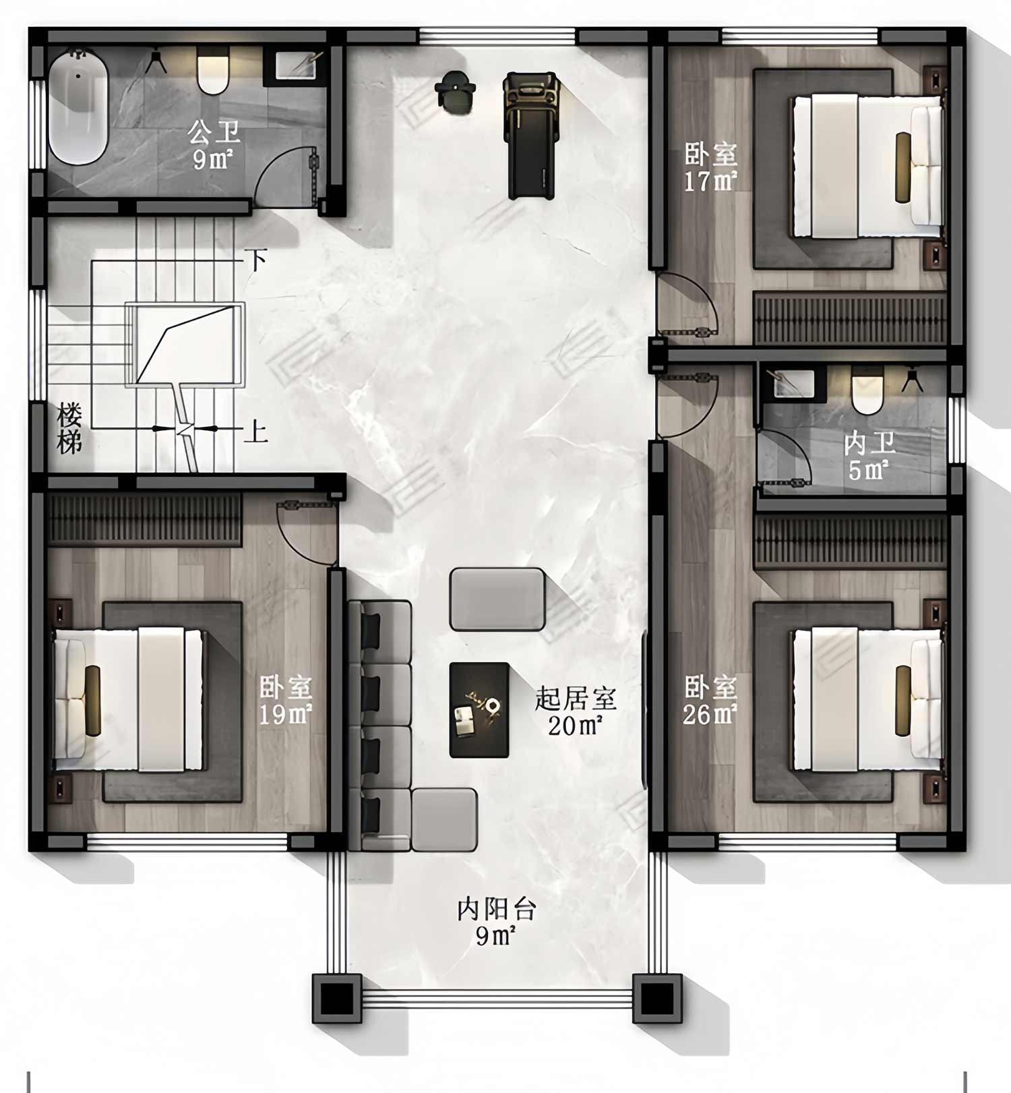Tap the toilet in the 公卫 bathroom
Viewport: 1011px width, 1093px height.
coord(213,71)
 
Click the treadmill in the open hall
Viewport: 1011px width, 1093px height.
coord(532,136)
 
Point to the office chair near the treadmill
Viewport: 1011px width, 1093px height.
coord(456,90)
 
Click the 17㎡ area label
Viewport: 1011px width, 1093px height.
coord(710,182)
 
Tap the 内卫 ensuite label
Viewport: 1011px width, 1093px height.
coord(869,444)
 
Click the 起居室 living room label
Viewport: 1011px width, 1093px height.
coord(576,699)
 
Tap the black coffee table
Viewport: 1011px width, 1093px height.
coord(479,710)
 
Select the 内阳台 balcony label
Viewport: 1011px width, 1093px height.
coord(497,909)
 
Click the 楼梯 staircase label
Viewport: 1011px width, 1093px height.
coord(69,429)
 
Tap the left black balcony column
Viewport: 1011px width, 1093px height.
coord(337,999)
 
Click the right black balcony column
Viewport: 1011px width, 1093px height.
coord(658,999)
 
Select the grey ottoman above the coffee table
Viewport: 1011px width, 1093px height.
coord(497,599)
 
